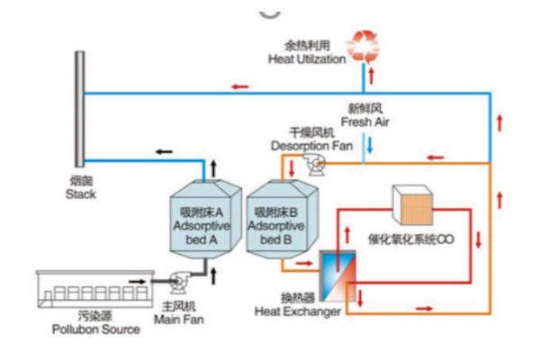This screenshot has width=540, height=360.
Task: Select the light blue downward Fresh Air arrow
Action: click(369, 144)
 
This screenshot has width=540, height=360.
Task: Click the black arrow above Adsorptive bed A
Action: click(213, 167)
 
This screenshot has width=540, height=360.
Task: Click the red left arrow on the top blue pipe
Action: click(239, 86)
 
